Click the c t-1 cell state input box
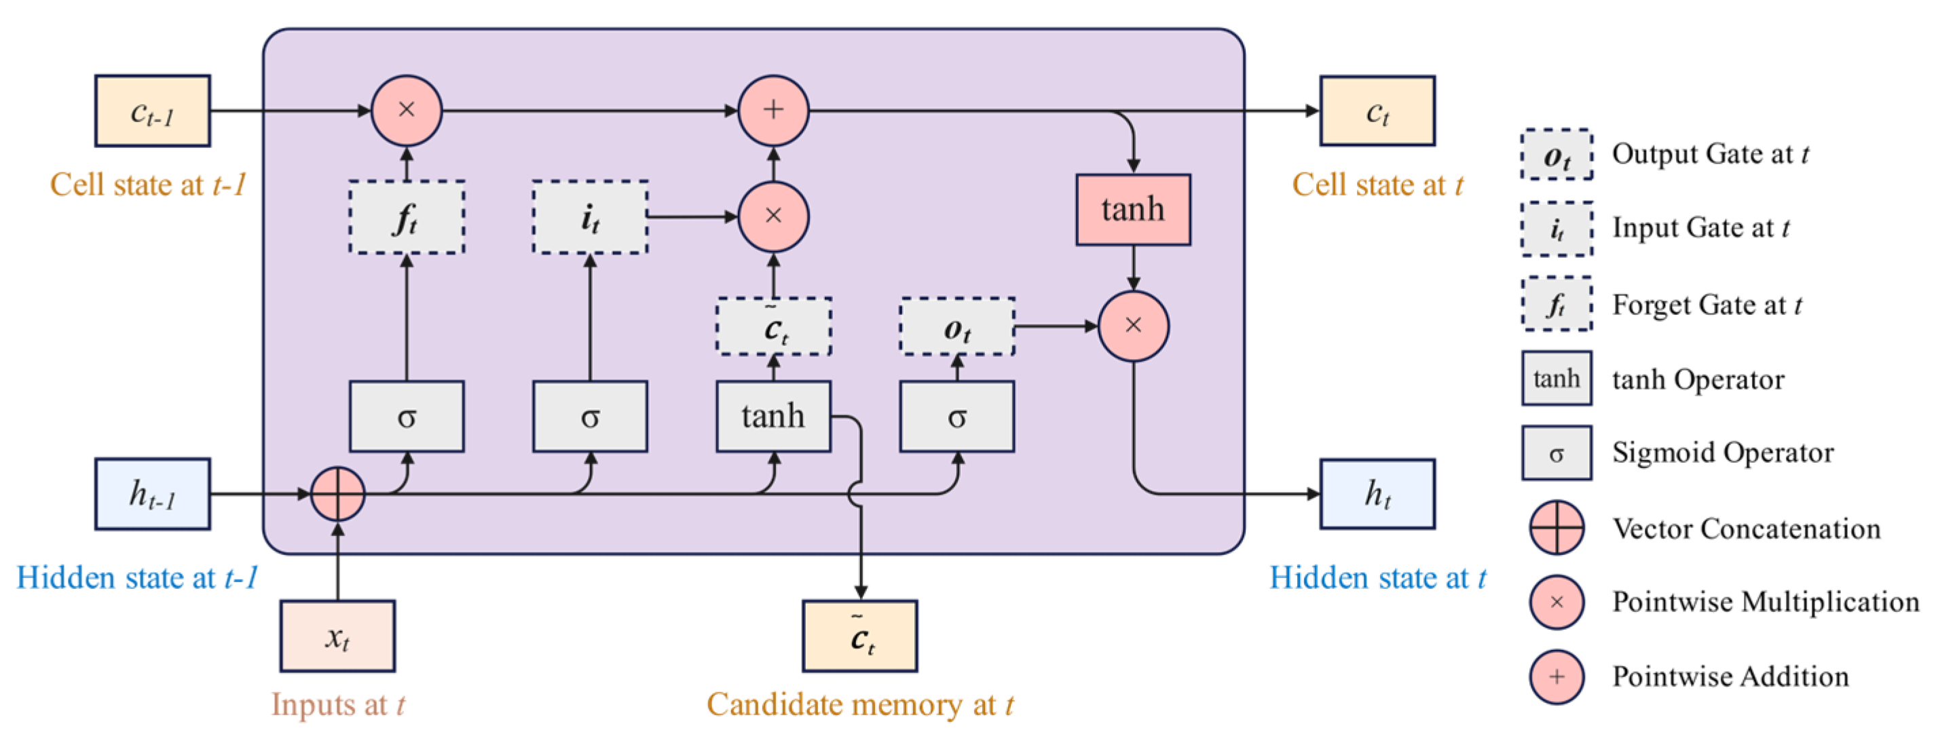[153, 111]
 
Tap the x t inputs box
[337, 636]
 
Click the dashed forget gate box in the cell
[407, 217]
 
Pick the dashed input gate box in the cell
[590, 217]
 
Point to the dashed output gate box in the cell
[956, 326]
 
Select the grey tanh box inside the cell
[773, 416]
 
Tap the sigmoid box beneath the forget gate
[407, 416]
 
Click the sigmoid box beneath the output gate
[956, 416]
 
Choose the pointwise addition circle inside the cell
[773, 111]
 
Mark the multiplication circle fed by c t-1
[407, 111]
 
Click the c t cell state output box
[1377, 111]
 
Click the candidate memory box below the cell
[860, 636]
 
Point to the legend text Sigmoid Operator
[1723, 453]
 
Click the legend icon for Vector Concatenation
[1557, 527]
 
